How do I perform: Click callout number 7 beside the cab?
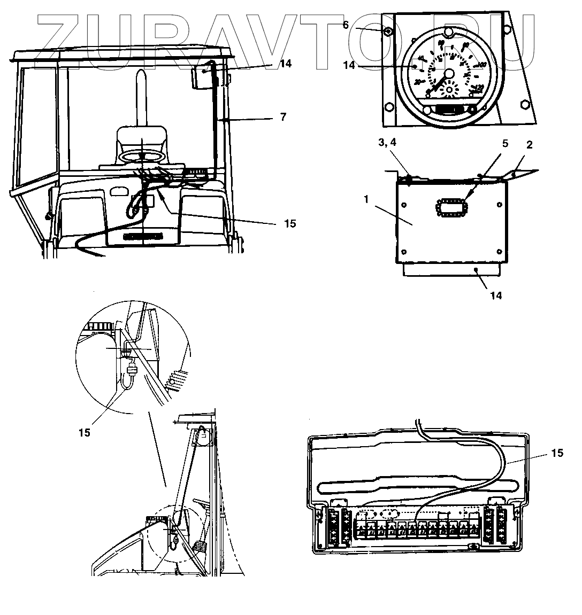[x=283, y=116]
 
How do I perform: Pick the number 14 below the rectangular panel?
[x=496, y=295]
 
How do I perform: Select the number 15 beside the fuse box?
[x=557, y=453]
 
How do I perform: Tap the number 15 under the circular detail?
[x=84, y=432]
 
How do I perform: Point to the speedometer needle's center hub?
[x=448, y=73]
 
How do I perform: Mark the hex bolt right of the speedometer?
[x=524, y=105]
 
